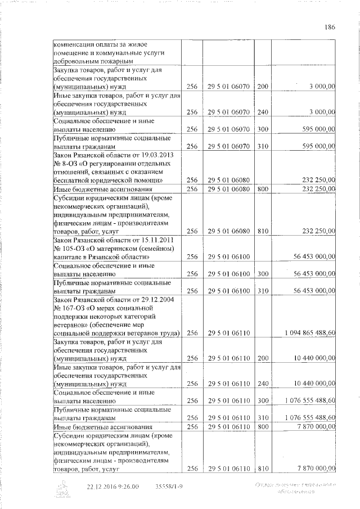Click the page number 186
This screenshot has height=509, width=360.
330,27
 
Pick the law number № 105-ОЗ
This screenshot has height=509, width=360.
67,248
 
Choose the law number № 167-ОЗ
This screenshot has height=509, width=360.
67,308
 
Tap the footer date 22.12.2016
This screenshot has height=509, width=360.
102,487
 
